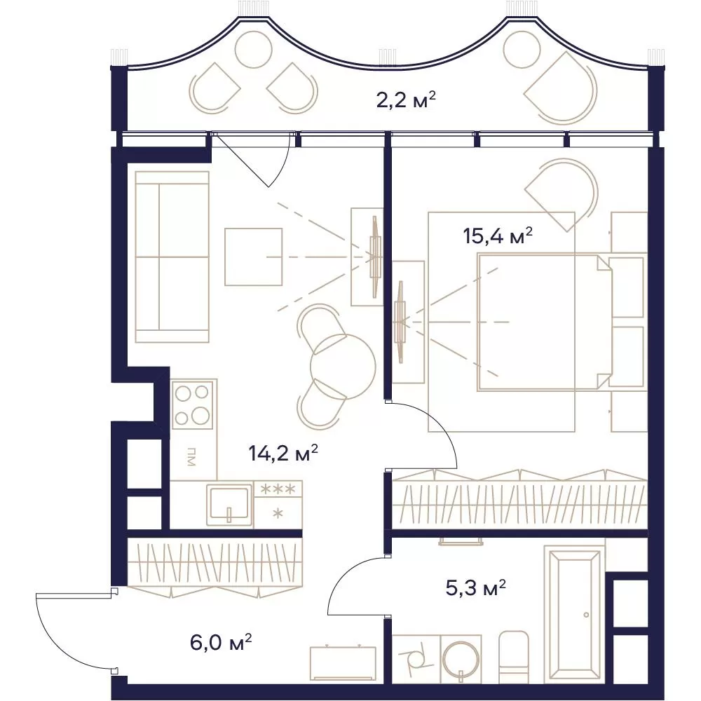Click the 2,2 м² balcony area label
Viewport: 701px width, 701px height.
coord(405,100)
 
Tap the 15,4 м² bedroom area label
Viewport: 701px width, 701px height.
coord(498,236)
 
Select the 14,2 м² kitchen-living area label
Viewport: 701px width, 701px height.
coord(283,454)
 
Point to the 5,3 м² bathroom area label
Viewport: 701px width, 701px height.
coord(476,589)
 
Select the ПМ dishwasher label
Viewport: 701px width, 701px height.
coord(191,456)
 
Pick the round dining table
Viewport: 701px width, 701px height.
coord(343,367)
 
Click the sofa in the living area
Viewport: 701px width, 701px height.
coord(172,257)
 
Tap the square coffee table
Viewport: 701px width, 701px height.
coord(254,257)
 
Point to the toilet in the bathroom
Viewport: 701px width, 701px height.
coord(513,658)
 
